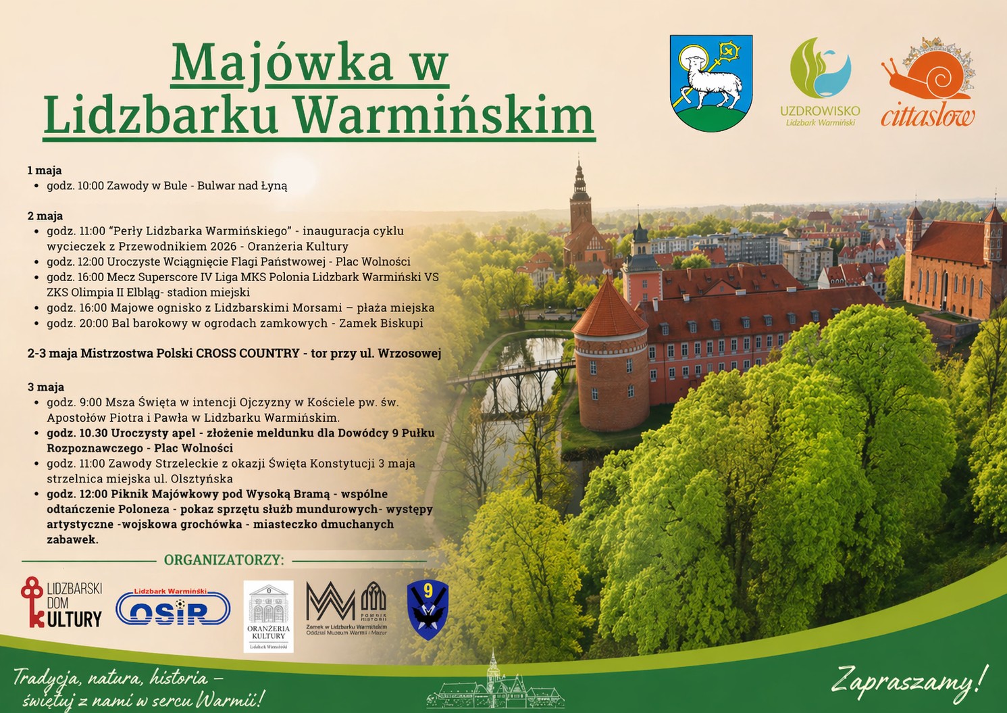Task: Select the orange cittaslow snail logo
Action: [x=928, y=82]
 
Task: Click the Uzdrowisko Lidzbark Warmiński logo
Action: [x=821, y=82]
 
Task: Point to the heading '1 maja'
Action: [x=45, y=170]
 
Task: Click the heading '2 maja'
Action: [x=45, y=216]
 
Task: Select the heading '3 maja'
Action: [x=45, y=387]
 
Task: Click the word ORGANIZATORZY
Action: [x=224, y=560]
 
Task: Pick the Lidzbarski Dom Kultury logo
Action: [x=61, y=602]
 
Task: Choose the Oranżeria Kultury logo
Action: [x=268, y=616]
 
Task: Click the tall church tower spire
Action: [x=579, y=180]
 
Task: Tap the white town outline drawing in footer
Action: [x=496, y=683]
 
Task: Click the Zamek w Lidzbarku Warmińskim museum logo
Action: [x=346, y=608]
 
